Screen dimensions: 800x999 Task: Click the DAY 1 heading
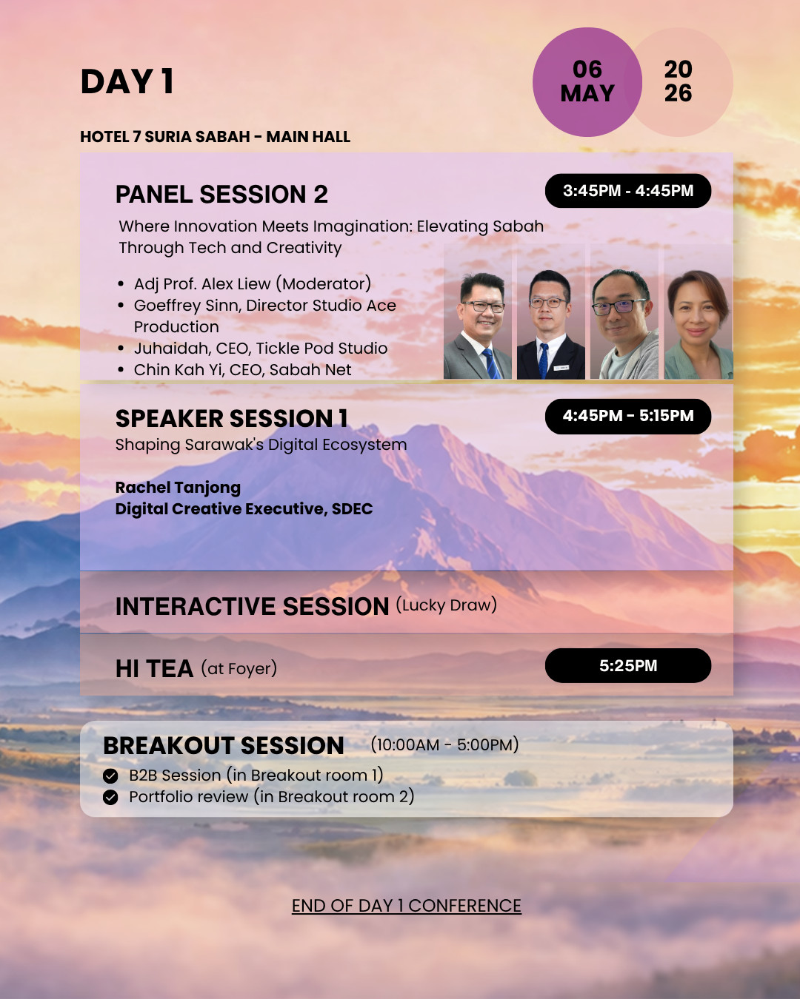coord(127,81)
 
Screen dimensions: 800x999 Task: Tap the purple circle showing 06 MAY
coord(587,81)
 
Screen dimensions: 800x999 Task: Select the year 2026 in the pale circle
coord(678,81)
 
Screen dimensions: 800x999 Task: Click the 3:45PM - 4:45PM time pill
coord(628,191)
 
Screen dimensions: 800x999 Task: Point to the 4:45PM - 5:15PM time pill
coord(628,416)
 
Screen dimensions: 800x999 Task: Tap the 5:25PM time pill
coord(628,666)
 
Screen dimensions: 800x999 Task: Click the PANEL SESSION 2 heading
coord(221,194)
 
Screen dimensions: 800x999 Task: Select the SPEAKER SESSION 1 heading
coord(232,419)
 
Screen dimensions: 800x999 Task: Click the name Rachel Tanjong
coord(178,488)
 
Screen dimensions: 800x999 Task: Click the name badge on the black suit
coord(561,368)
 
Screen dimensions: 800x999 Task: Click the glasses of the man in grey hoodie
coord(619,306)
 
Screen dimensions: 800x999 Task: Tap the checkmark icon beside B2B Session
coord(110,776)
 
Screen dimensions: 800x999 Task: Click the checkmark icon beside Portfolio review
coord(110,798)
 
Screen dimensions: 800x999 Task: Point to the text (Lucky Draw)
coord(446,605)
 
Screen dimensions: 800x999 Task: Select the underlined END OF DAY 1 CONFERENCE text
coord(407,906)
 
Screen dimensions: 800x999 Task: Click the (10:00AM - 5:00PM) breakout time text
coord(444,744)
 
